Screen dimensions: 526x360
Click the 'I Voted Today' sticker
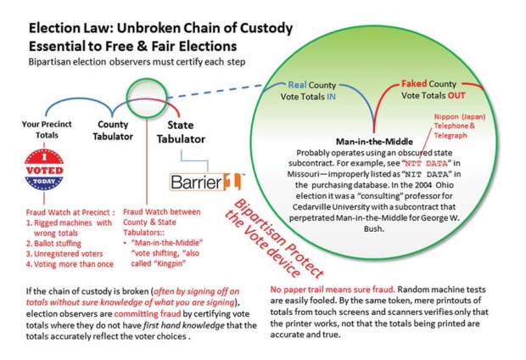(44, 170)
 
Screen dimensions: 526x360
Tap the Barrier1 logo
(205, 182)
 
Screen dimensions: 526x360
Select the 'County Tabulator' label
(113, 130)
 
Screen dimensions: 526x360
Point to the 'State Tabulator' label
(181, 132)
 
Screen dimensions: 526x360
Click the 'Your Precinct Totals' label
(47, 129)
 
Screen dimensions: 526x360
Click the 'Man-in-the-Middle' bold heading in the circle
(374, 142)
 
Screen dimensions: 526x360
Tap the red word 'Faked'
(414, 83)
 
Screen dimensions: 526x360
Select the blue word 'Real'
(297, 85)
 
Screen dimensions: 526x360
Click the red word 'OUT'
(456, 95)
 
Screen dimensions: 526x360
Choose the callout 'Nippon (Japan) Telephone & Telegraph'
(460, 126)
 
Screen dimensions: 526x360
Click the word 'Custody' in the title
(266, 28)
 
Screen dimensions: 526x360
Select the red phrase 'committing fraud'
(148, 314)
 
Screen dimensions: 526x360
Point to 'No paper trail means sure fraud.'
(333, 290)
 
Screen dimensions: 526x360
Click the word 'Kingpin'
(170, 264)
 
